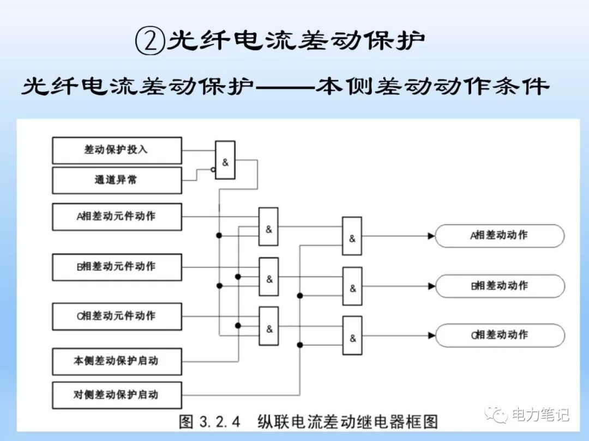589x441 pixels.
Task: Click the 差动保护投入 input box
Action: coord(117,150)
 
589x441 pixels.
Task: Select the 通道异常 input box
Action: coord(117,180)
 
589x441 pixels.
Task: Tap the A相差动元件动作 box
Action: coord(117,216)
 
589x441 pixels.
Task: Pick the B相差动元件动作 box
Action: coord(117,267)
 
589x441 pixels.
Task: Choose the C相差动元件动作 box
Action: coord(117,316)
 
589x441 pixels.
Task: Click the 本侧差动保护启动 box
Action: coord(117,361)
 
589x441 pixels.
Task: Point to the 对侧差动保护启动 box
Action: coord(117,395)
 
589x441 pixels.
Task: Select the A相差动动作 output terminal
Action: coord(500,236)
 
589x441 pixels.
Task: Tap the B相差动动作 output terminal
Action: coord(500,286)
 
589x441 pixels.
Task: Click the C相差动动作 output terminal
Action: coord(500,335)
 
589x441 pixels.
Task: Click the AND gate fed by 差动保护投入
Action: coord(225,160)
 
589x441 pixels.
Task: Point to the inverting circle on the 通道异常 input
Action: coord(213,169)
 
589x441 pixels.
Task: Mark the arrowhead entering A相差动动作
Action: coord(431,236)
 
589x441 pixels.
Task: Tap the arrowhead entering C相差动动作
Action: coord(431,335)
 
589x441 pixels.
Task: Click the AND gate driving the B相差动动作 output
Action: coord(352,286)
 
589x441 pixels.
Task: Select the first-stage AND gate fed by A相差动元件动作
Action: coord(268,226)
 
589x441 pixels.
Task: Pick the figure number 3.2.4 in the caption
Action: coord(220,422)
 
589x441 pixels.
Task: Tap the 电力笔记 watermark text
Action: coord(540,415)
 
